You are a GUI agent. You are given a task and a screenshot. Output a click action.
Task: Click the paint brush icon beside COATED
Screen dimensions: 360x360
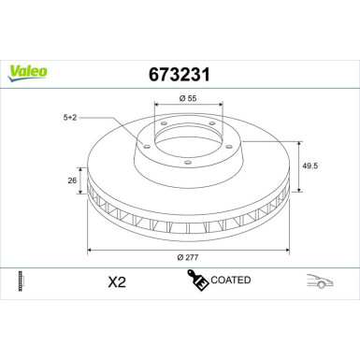197,280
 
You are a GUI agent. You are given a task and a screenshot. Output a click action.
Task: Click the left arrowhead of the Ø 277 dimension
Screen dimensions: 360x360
91,250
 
